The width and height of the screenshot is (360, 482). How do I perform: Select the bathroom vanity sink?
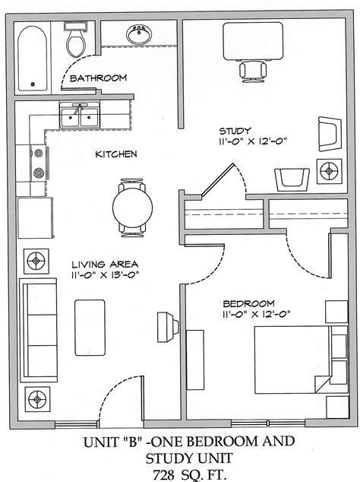tap(138, 35)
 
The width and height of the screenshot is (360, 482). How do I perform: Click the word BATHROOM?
tap(98, 78)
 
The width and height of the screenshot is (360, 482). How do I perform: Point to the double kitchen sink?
tap(79, 117)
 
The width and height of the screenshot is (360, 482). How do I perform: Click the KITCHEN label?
tap(115, 154)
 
